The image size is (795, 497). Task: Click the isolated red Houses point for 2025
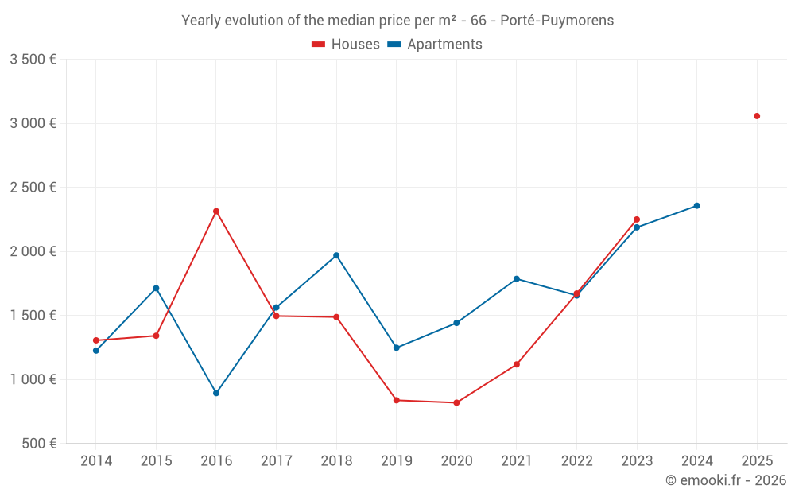click(757, 116)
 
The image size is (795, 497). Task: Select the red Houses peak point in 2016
click(216, 212)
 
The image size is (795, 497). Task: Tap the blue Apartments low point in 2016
click(216, 393)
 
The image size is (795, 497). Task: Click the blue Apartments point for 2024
click(696, 206)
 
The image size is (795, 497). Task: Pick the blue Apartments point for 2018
click(336, 255)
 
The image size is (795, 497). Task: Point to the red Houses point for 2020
click(456, 402)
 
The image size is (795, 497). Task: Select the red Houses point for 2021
click(517, 364)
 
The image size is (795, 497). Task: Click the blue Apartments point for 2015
click(156, 288)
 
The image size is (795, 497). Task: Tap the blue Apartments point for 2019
click(397, 348)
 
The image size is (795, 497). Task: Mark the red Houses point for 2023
click(637, 219)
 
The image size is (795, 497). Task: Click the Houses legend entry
click(346, 45)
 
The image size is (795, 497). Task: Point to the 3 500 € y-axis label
click(33, 60)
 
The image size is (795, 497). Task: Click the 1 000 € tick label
click(33, 379)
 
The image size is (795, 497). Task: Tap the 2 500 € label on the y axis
click(33, 188)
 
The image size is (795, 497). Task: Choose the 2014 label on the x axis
click(96, 460)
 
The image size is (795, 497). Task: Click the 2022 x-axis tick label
click(576, 460)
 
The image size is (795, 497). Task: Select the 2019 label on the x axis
click(397, 460)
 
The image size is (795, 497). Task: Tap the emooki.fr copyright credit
click(726, 480)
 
